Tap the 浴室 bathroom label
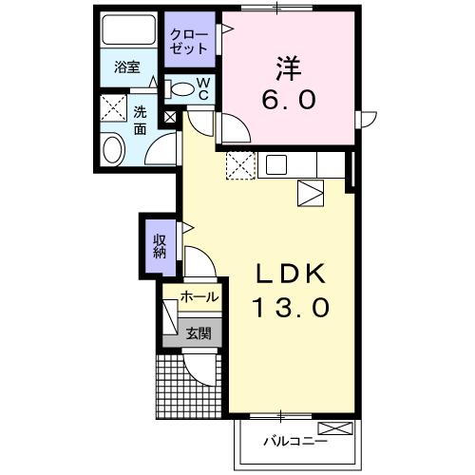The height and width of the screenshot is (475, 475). [127, 66]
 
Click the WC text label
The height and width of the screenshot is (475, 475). [203, 88]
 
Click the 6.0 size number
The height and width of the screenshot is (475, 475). [288, 98]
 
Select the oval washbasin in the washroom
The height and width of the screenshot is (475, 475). [113, 149]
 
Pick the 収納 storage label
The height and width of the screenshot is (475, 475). [160, 244]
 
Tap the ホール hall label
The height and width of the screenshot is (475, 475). [199, 297]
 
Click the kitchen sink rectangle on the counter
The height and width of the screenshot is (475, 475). [276, 164]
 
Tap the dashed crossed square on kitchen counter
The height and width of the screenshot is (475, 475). [240, 165]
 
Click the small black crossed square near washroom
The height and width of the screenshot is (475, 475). [170, 118]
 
